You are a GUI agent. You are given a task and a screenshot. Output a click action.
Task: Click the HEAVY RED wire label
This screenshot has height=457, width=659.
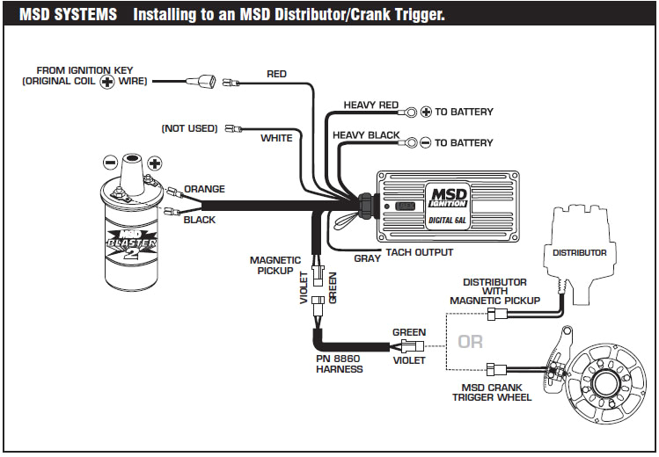(x=370, y=105)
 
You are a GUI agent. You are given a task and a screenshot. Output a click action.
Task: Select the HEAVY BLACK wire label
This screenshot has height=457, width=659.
(x=365, y=135)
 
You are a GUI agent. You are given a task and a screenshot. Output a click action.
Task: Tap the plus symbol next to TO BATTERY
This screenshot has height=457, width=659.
(x=426, y=112)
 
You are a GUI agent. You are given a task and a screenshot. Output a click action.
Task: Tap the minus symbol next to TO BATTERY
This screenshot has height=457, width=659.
(x=426, y=142)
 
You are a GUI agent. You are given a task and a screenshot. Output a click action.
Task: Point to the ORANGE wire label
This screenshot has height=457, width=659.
(x=204, y=189)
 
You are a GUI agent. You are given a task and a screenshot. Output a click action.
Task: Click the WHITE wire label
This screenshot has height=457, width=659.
(x=276, y=138)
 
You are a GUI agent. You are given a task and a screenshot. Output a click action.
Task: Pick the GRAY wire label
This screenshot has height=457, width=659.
(x=367, y=259)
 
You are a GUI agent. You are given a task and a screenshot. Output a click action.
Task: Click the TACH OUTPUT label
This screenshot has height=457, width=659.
(x=420, y=253)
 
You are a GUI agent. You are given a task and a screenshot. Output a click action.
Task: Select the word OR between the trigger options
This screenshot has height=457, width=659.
(x=470, y=341)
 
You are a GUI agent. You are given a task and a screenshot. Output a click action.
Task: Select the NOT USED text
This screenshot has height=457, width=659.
(x=189, y=128)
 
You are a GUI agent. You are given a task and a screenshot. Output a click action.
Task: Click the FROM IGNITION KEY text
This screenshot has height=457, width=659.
(x=84, y=69)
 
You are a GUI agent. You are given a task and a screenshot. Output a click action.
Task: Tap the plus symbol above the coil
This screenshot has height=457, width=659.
(x=155, y=163)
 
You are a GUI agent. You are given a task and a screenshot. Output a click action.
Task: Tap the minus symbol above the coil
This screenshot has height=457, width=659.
(x=110, y=163)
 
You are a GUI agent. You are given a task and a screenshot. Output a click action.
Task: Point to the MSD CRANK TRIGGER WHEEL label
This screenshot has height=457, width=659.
(x=492, y=392)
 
